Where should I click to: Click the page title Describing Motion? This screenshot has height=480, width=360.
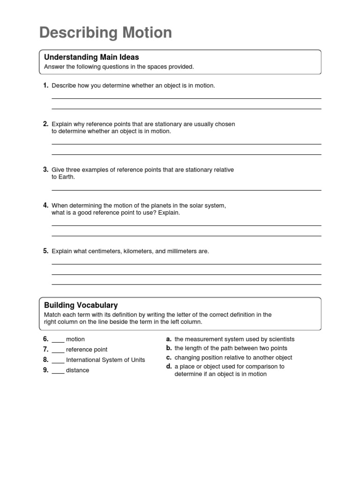105,33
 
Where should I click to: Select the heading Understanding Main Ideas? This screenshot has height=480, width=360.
91,57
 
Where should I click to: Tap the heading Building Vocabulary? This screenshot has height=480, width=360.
81,305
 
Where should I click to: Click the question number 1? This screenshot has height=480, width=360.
45,85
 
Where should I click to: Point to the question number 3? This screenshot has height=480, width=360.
45,169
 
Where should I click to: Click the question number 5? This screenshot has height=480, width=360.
45,251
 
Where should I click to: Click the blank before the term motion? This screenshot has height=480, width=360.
58,340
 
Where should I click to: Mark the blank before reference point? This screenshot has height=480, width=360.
58,350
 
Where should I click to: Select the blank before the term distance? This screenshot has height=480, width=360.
58,371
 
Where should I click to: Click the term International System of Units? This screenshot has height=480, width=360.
105,360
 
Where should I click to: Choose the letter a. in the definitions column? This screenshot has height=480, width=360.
169,339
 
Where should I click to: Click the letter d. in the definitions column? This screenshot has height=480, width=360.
169,367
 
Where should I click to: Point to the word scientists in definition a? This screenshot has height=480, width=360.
281,339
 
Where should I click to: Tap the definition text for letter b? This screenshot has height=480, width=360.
231,348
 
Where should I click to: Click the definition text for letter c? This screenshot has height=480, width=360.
233,358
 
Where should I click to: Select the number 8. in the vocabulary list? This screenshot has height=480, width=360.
45,360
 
